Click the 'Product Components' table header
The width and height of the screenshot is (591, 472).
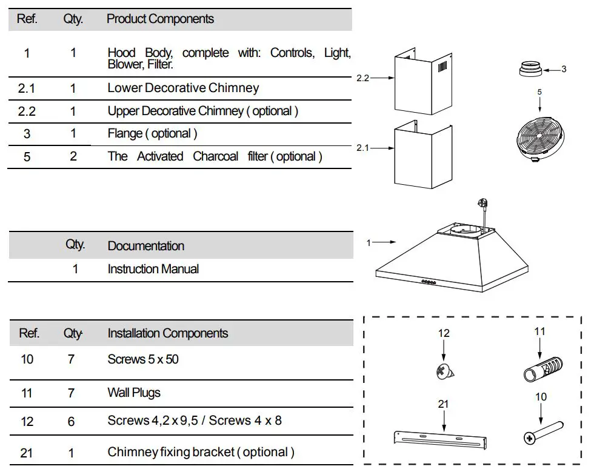160,19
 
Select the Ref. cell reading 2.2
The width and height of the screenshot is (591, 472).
27,111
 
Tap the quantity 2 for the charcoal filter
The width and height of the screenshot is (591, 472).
73,156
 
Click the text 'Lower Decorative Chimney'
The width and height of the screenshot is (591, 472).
183,88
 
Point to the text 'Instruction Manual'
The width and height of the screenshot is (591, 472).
153,269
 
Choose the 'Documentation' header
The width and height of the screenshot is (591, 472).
145,246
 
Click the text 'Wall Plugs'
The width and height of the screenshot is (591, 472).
134,393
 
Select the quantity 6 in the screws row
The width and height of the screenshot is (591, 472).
71,420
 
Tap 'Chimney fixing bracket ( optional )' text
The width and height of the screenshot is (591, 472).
201,452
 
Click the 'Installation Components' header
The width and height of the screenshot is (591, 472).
167,333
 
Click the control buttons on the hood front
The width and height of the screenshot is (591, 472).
429,282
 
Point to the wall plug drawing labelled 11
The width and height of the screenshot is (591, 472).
543,368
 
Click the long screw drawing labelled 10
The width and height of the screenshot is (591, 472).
543,432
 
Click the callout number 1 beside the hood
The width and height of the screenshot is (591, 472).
369,243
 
